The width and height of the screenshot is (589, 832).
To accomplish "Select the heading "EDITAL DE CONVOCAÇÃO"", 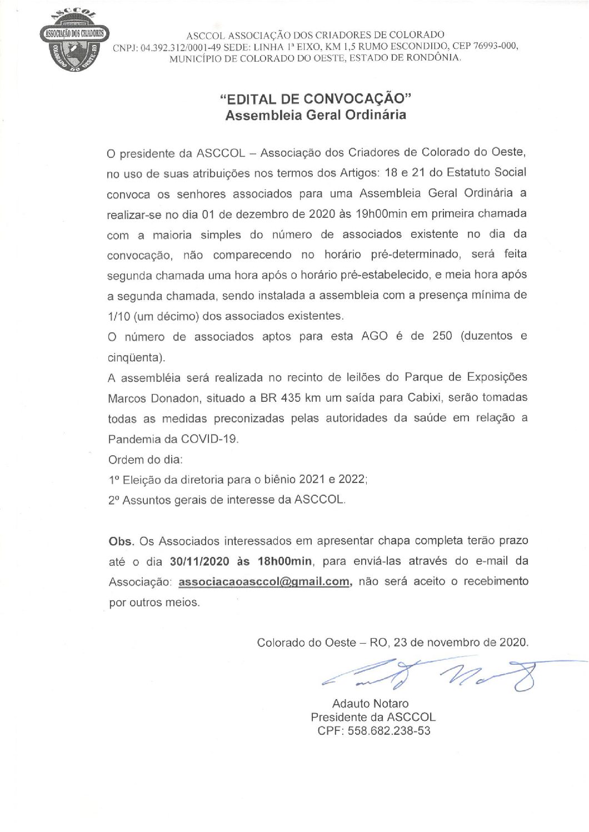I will pos(316,99).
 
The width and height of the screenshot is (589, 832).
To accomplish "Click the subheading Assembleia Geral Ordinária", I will pos(316,116).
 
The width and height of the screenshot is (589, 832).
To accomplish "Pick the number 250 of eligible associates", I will pos(442,336).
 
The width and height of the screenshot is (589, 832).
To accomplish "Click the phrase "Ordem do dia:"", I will pos(146,460).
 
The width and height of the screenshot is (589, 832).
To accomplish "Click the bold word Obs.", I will pos(121,541).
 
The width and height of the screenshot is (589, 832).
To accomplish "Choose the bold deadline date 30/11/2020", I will pos(199,561).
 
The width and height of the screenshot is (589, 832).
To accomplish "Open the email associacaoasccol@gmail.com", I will pos(264,582).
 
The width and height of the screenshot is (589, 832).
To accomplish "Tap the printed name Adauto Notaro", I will pos(370,704).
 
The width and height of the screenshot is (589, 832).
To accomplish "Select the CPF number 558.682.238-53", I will pos(389,731).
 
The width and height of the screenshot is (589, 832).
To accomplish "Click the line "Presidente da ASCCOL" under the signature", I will pos(373,718).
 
